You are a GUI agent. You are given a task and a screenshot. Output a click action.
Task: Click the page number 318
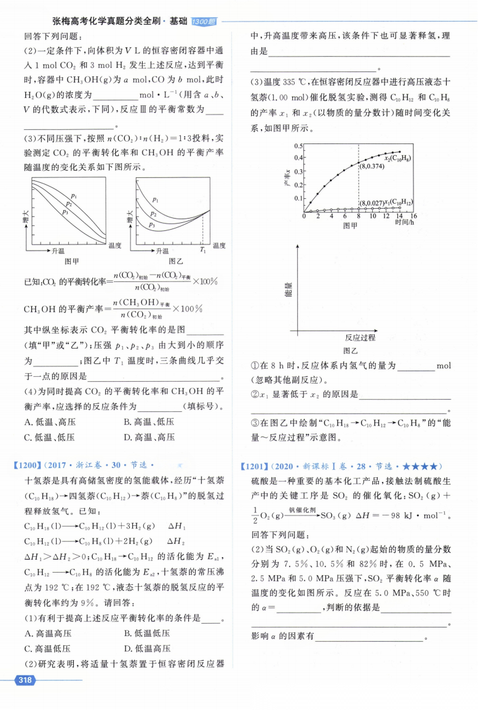(x=25, y=680)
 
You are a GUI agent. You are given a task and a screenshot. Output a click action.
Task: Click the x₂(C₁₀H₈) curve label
(x=394, y=159)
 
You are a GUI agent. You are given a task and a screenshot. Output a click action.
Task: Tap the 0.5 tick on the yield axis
(x=298, y=146)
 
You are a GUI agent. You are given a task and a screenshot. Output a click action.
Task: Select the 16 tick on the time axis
(x=413, y=217)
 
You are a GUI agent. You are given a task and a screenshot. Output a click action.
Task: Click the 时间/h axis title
(x=407, y=224)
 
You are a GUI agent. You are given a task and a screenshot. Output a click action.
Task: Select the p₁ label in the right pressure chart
(x=155, y=200)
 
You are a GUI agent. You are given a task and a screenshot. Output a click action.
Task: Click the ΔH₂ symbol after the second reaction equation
(x=176, y=542)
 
